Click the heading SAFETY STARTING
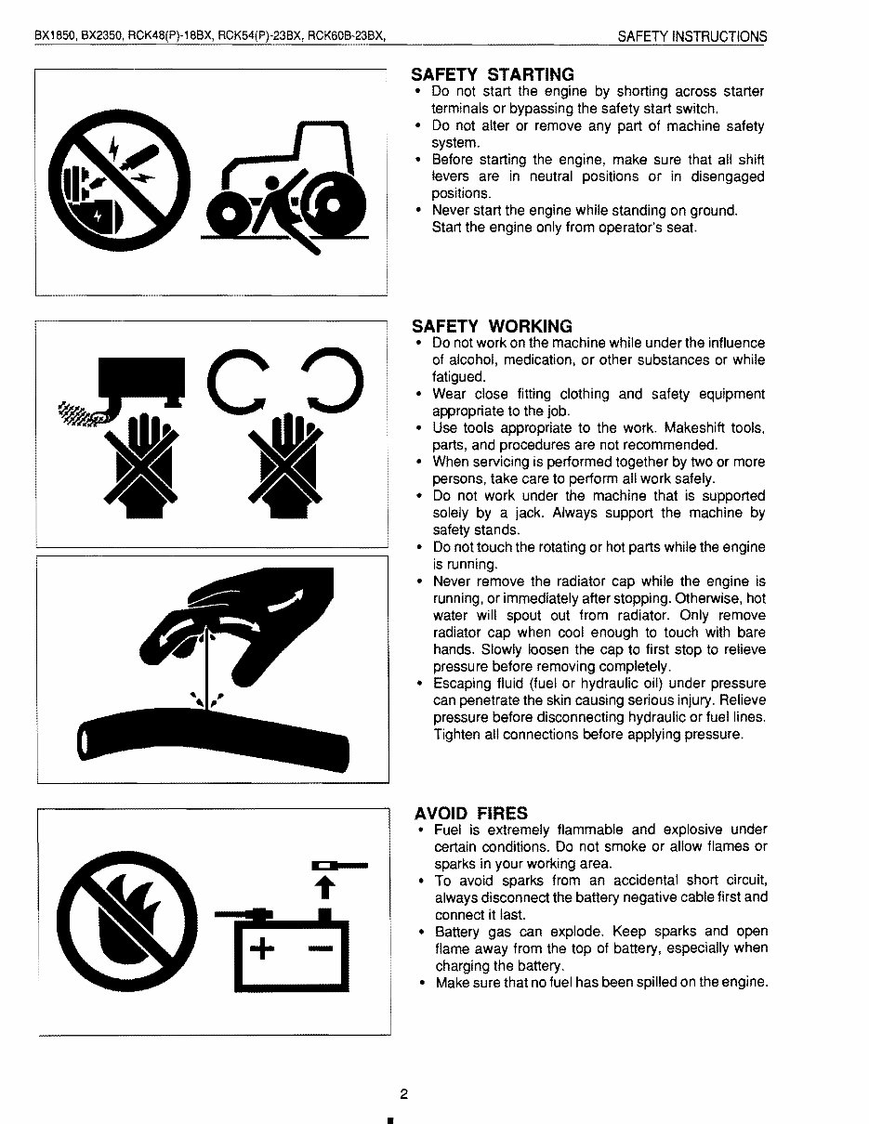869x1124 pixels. [493, 74]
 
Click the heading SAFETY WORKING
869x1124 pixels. [492, 326]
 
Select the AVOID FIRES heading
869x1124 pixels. [470, 813]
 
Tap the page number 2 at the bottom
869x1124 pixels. [404, 1093]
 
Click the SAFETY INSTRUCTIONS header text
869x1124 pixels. [692, 37]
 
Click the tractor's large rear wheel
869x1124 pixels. [336, 205]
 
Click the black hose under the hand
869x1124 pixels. [214, 738]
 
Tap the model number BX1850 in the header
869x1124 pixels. [55, 37]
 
